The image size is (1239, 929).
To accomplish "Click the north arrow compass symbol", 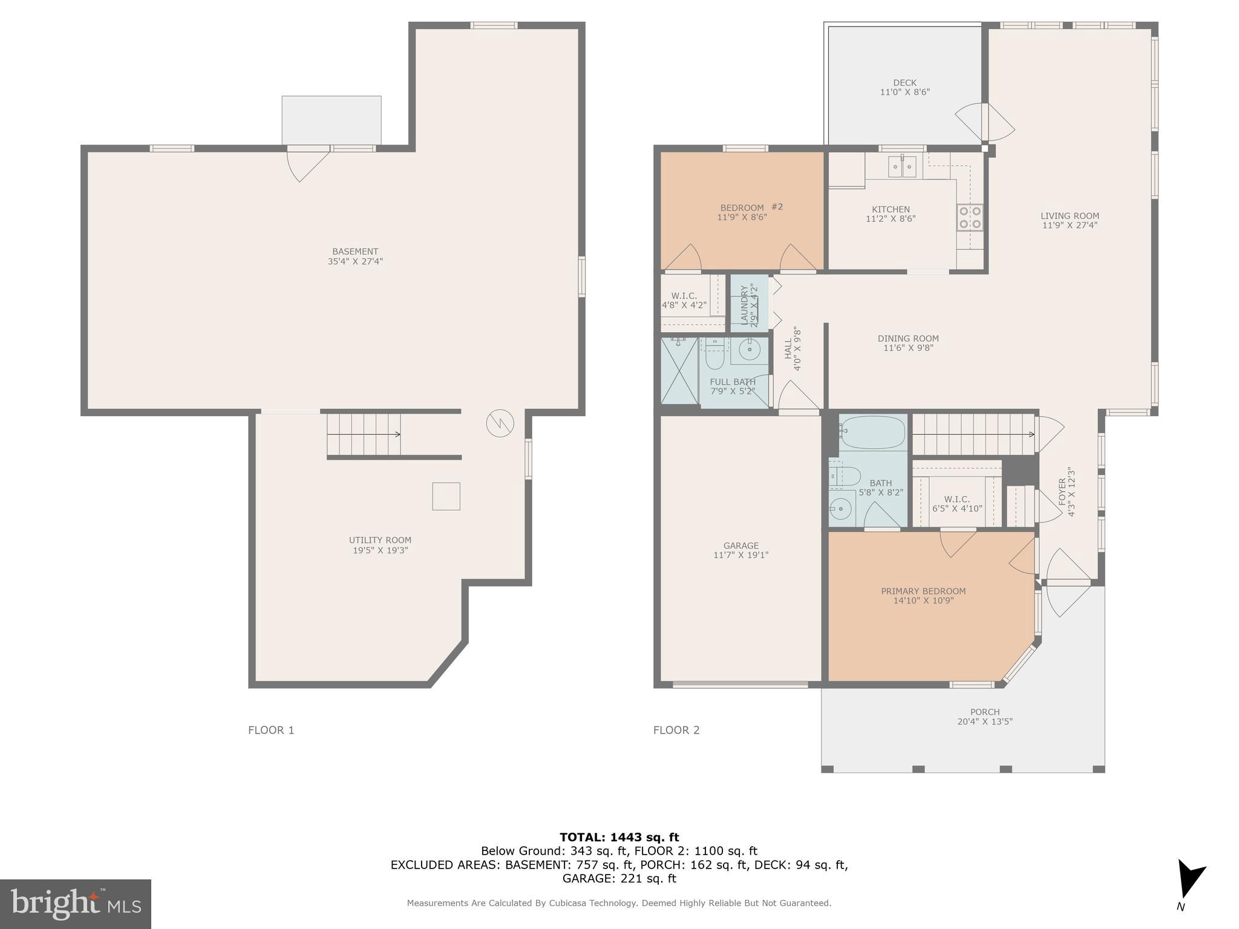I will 1190,879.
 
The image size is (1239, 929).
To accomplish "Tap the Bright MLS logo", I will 75,904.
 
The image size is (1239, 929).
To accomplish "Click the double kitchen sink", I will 902,166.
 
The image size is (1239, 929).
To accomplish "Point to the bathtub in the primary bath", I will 872,431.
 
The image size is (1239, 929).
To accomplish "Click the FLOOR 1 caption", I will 271,730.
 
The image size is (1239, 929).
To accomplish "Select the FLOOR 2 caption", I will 676,730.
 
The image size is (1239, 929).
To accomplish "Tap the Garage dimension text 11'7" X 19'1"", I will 740,555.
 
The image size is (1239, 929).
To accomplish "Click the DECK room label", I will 904,83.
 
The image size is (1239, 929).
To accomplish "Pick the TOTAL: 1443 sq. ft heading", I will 619,838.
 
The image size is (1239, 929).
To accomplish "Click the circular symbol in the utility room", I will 500,423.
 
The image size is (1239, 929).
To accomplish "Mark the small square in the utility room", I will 446,496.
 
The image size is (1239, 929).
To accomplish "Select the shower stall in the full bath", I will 679,370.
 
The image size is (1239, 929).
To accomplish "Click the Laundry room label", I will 745,305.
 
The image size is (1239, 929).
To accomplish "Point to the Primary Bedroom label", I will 923,591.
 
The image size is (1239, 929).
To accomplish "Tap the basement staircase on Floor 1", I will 363,434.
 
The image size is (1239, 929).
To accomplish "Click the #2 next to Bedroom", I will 777,207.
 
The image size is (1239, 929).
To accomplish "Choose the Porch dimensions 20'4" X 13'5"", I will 984,722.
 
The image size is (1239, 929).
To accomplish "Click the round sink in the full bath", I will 750,350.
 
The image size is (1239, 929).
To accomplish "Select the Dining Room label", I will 908,339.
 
